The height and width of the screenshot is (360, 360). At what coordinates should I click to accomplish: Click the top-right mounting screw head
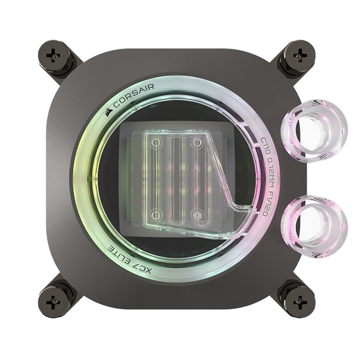pos(300,55)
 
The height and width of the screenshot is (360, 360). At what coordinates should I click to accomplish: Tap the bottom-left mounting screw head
pos(53,302)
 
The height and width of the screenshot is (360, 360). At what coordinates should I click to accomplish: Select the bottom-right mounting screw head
pos(300,302)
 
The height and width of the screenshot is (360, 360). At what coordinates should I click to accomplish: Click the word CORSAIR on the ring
pos(134,96)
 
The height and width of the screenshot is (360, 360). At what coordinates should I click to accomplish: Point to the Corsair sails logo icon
pos(109,112)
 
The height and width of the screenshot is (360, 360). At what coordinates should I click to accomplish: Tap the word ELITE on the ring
pos(121,254)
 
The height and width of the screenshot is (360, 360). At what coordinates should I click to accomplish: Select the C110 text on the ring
pos(265,144)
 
